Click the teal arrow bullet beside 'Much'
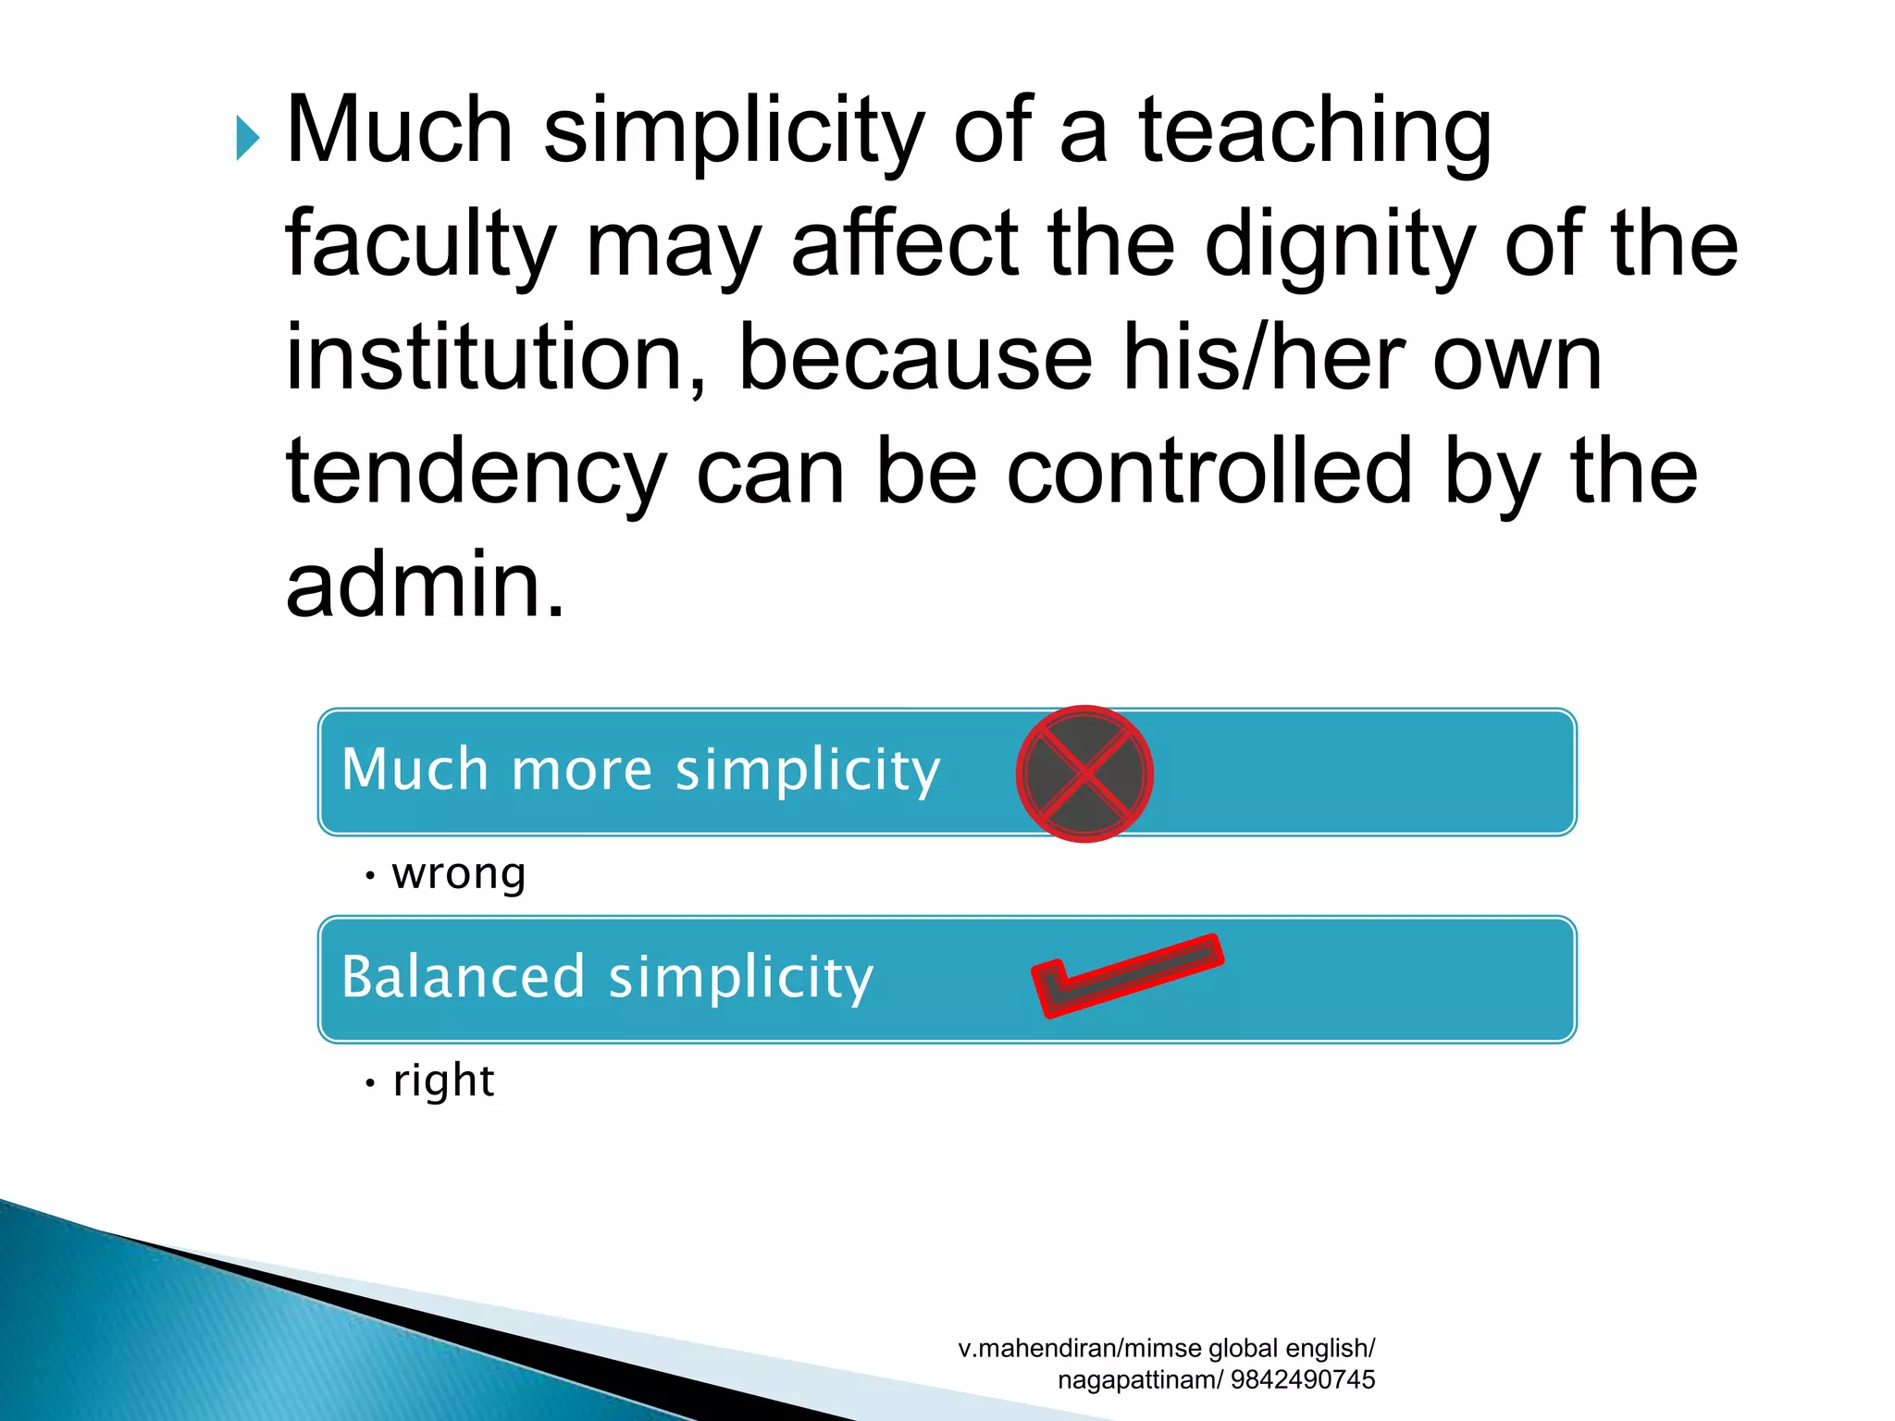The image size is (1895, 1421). [247, 138]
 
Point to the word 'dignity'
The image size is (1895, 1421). [1339, 245]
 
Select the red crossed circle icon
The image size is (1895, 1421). [1084, 773]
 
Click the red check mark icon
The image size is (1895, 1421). [1126, 975]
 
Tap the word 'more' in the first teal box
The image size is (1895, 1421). [582, 770]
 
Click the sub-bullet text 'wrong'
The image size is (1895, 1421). [459, 873]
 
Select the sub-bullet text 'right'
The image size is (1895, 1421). [443, 1081]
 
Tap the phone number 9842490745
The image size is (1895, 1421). [1303, 1379]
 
